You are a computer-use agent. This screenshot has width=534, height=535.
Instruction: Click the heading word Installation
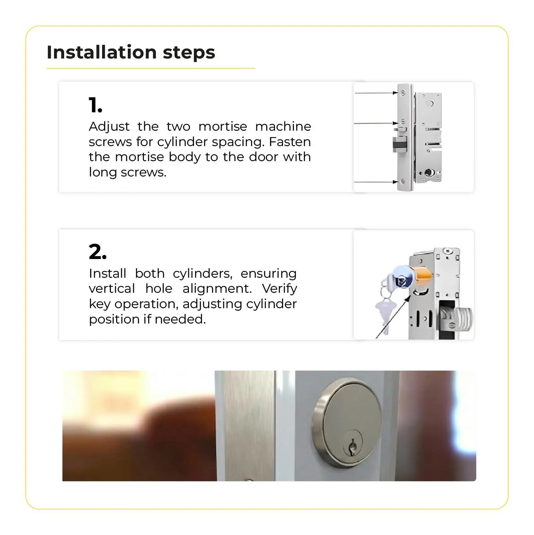pyautogui.click(x=102, y=52)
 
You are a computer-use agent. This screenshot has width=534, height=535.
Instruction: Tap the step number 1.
pyautogui.click(x=95, y=105)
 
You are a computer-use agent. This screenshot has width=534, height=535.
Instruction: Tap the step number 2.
pyautogui.click(x=97, y=252)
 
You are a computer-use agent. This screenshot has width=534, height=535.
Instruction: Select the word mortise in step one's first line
pyautogui.click(x=223, y=126)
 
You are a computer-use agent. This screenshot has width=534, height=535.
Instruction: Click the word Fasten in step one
pyautogui.click(x=290, y=142)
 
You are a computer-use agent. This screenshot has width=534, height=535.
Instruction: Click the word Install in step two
pyautogui.click(x=107, y=273)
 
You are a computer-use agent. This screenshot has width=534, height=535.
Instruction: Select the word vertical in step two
pyautogui.click(x=112, y=288)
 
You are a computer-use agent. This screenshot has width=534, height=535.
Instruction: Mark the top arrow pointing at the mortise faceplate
pyautogui.click(x=376, y=93)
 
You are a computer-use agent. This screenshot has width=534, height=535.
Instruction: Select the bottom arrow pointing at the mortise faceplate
pyautogui.click(x=376, y=182)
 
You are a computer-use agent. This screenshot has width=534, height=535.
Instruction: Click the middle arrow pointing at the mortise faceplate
pyautogui.click(x=376, y=123)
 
